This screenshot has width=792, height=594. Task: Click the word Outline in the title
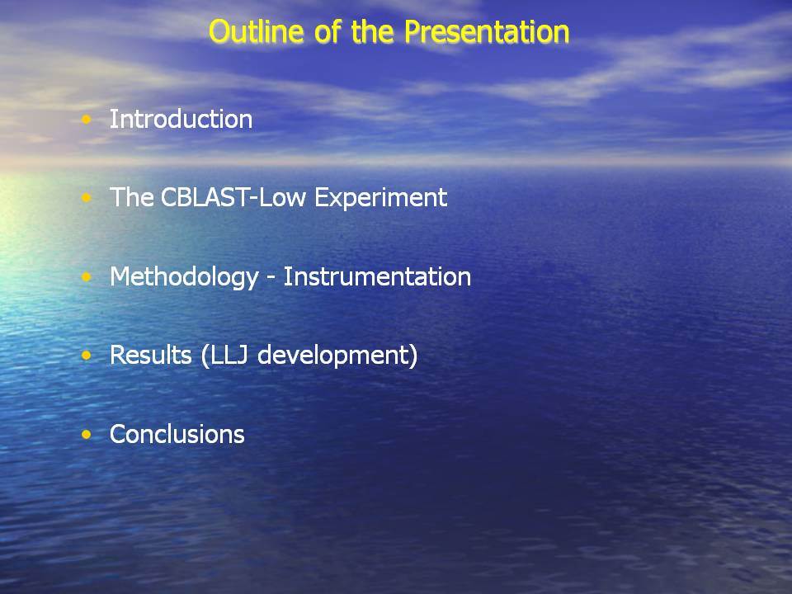(256, 31)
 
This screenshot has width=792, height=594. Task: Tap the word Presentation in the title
(487, 31)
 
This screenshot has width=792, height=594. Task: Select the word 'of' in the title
(328, 31)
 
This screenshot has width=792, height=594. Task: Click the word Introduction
(181, 119)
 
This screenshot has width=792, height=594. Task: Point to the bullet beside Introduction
(87, 119)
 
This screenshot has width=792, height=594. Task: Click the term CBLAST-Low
(233, 197)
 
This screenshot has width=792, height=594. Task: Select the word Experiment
(381, 198)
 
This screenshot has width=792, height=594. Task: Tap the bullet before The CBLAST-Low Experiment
(87, 197)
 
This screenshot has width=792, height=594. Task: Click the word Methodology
(184, 277)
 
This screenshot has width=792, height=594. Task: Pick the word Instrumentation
(377, 277)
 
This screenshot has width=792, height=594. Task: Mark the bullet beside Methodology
(87, 277)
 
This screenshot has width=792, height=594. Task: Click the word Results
(150, 355)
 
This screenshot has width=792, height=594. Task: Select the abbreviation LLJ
(229, 356)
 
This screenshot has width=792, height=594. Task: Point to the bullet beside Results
(87, 356)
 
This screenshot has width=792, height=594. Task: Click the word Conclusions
(177, 435)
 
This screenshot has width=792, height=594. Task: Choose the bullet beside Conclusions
(87, 435)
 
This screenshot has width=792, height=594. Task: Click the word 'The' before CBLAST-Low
(131, 197)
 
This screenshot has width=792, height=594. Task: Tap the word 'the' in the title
(372, 31)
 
